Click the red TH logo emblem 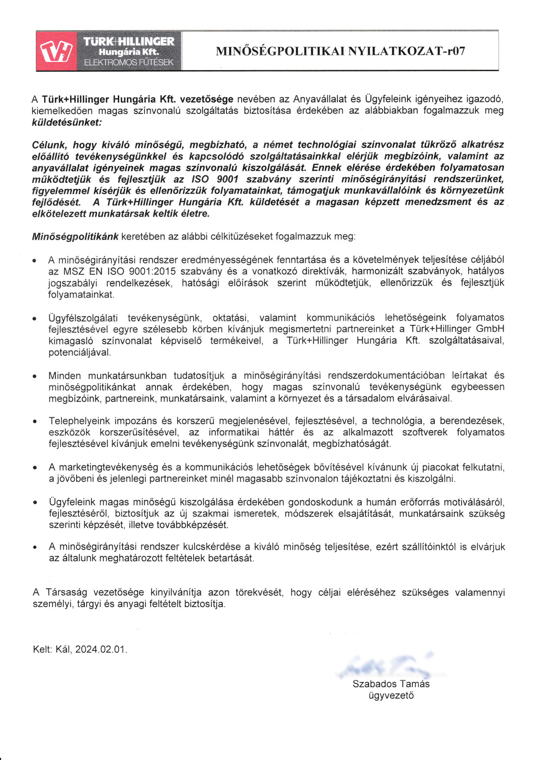[x=56, y=51]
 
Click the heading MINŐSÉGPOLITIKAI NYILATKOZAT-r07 [x=340, y=51]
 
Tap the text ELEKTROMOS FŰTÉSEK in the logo [x=129, y=62]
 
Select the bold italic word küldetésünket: [x=67, y=122]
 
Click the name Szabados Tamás [x=391, y=684]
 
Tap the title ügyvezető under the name [x=391, y=695]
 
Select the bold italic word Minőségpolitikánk [x=75, y=237]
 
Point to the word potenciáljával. [x=80, y=352]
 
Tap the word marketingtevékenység [x=108, y=467]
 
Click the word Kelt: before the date [x=42, y=650]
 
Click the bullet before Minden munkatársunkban [x=35, y=376]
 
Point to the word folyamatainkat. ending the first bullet [x=81, y=295]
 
